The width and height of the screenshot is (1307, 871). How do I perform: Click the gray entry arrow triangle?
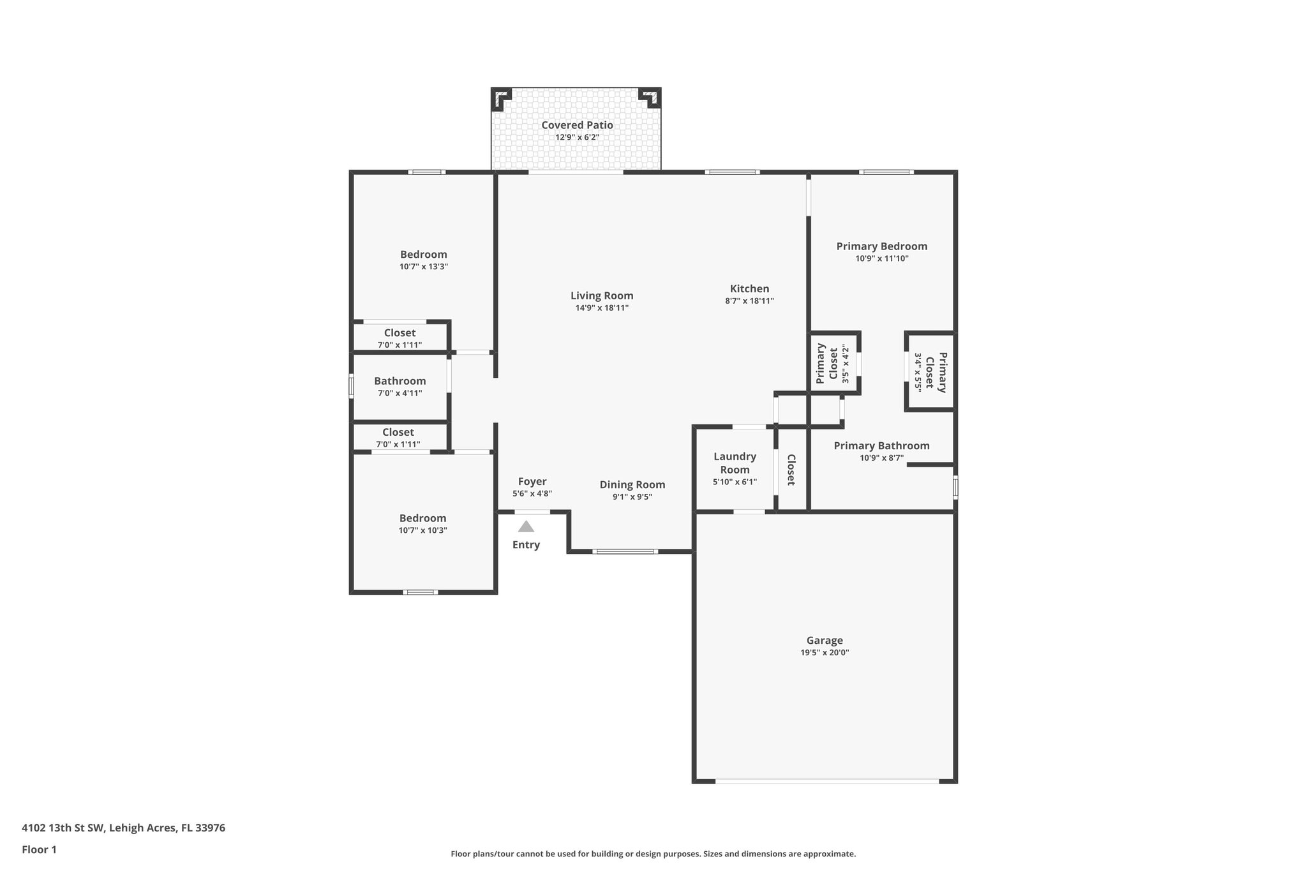[x=526, y=526]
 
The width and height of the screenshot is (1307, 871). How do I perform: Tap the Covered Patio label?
[x=577, y=125]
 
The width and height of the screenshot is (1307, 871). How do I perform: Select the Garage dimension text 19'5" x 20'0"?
[x=825, y=653]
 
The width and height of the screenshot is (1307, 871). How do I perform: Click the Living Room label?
[x=602, y=295]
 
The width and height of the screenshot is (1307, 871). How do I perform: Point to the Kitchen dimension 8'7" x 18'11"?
[x=749, y=301]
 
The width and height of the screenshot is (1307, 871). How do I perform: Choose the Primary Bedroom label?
[x=881, y=246]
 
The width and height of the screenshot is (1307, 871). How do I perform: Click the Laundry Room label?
[x=735, y=463]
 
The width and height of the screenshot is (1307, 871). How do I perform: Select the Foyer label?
[x=532, y=482]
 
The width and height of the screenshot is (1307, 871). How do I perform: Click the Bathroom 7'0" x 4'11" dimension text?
[x=400, y=393]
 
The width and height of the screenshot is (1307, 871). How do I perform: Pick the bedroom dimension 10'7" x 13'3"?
[x=424, y=267]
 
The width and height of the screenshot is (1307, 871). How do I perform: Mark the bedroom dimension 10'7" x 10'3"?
[x=422, y=530]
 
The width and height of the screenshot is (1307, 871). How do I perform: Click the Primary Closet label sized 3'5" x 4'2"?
[x=827, y=364]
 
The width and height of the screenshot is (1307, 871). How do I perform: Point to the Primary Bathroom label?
[x=881, y=446]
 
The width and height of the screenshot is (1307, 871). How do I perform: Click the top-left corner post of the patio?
[x=500, y=98]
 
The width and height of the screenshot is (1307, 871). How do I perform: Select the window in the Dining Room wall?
[x=625, y=551]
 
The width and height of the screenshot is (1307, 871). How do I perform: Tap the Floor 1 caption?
[x=39, y=850]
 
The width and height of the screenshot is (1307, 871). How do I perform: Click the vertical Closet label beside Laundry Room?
[x=791, y=470]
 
